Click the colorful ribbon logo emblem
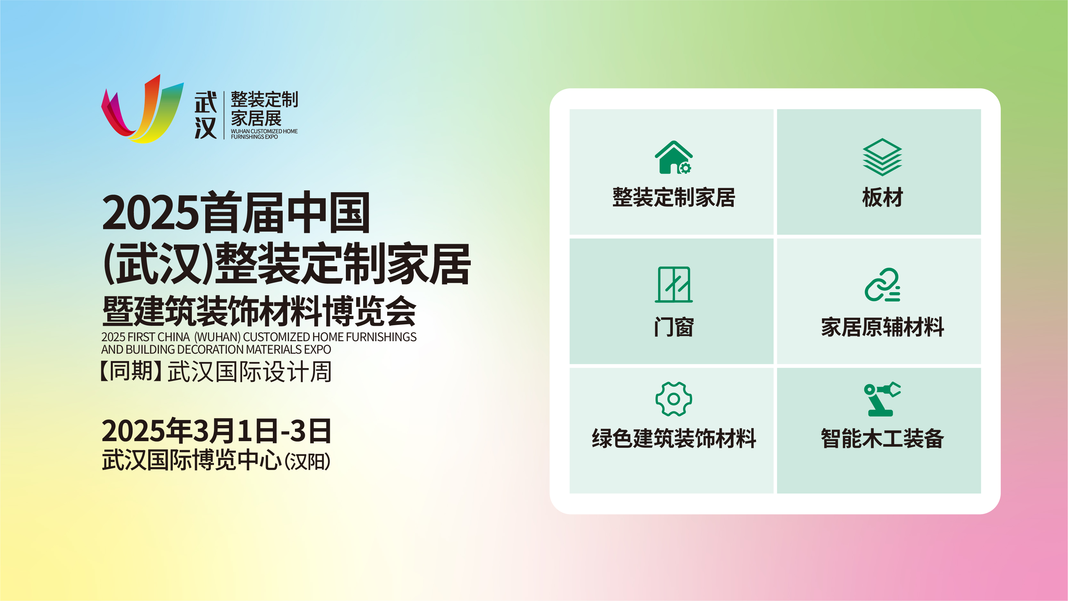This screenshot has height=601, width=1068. (x=142, y=110)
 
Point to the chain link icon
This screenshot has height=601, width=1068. (x=882, y=284)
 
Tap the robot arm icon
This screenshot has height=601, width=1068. (x=882, y=399)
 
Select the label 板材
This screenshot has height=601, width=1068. (x=882, y=197)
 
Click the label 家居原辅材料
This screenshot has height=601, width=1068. (x=882, y=327)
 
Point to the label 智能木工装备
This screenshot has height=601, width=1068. (x=882, y=438)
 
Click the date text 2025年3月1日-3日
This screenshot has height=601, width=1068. (x=216, y=431)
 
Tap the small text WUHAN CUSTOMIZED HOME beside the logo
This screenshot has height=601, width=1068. (x=264, y=131)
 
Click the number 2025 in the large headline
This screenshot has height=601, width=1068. (x=150, y=213)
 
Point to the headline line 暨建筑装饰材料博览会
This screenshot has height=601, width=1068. (x=259, y=311)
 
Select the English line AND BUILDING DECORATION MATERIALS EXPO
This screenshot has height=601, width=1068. (x=216, y=350)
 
